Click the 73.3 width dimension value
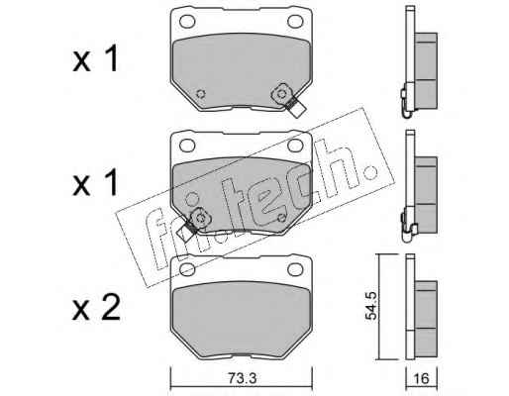[242, 378]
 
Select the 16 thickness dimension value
[421, 378]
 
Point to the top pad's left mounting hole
[187, 22]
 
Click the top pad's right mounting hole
[295, 22]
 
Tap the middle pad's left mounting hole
[187, 146]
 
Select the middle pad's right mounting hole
[295, 146]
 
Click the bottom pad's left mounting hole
[187, 269]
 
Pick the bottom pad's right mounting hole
[295, 269]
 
